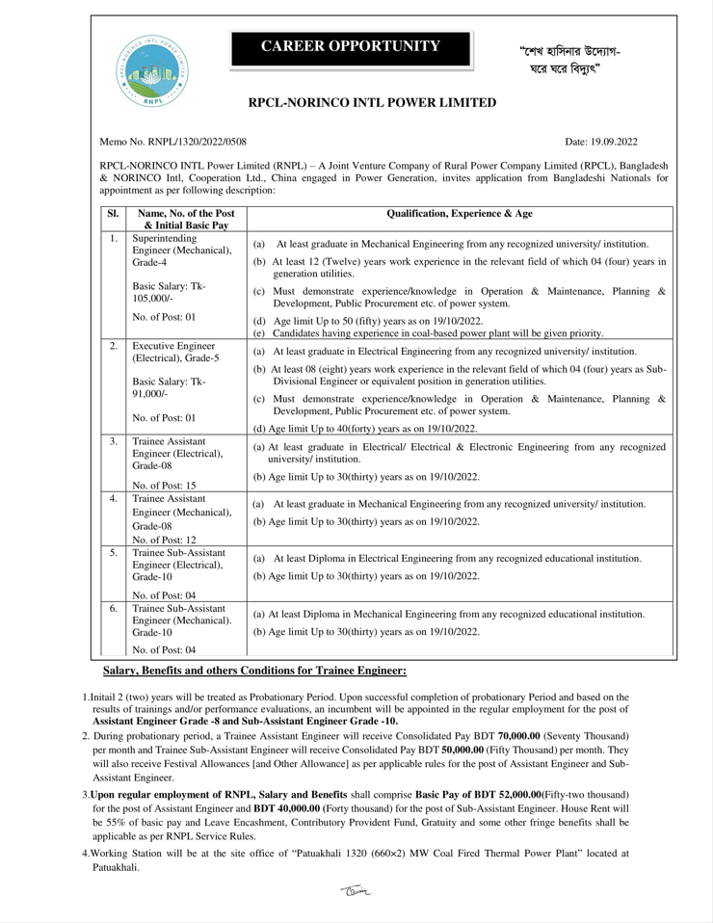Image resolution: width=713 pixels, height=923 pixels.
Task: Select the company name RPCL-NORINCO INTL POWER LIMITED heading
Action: coord(373,102)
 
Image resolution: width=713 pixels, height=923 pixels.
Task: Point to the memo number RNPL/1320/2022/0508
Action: coord(180,142)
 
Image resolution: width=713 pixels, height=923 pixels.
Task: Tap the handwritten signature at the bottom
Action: coord(356,892)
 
